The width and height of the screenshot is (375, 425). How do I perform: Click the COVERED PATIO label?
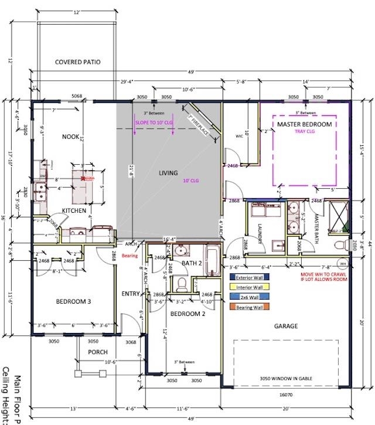[77, 62]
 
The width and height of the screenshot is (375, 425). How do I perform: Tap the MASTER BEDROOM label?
[304, 125]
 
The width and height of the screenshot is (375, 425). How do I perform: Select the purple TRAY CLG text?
[304, 132]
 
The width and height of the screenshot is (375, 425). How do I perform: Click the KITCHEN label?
[74, 210]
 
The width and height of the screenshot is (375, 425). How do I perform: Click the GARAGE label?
[285, 326]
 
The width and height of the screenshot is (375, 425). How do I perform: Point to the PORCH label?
[98, 352]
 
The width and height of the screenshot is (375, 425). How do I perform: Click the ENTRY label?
[131, 294]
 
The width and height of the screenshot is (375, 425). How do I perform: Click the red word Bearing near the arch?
[130, 256]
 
